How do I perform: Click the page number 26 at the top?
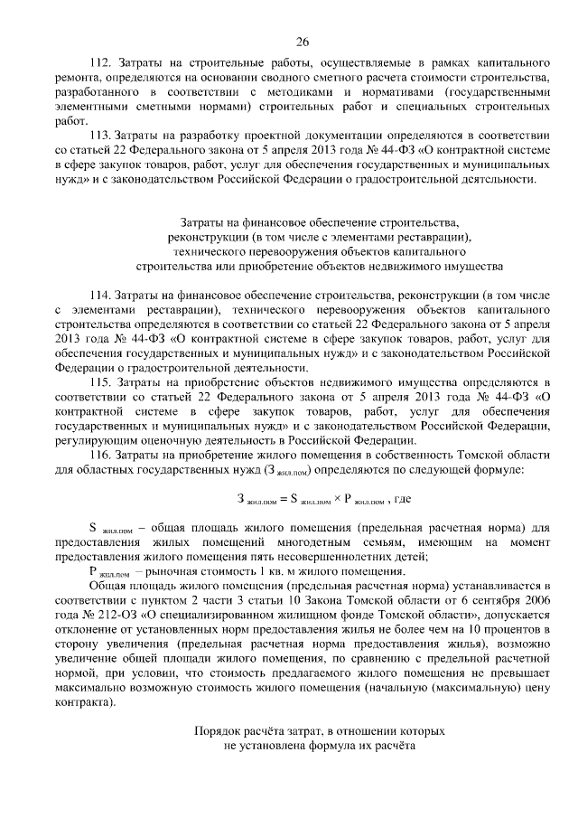pyautogui.click(x=302, y=41)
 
